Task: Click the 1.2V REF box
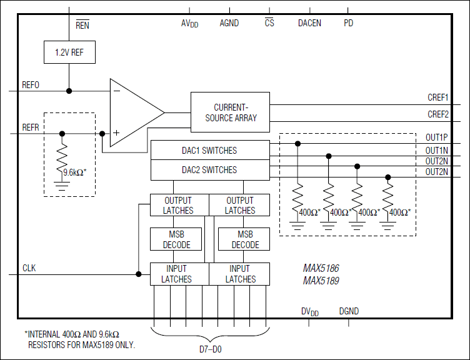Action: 69,52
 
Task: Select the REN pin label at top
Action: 82,26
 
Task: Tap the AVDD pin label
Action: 189,23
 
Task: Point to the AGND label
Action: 229,23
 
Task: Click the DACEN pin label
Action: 309,23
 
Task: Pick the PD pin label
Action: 348,23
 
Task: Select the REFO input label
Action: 31,85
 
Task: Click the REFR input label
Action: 31,127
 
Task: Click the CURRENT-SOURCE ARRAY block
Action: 230,112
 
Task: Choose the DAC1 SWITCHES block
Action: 209,151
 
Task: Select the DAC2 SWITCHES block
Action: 209,170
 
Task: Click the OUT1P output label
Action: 437,137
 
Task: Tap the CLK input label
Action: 29,268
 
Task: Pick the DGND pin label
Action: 349,311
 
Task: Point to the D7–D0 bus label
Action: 209,349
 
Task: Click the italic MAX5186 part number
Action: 321,268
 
